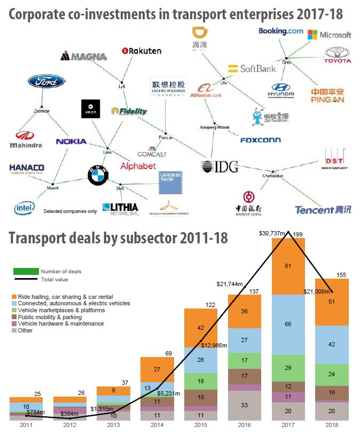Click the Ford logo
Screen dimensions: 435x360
click(47, 82)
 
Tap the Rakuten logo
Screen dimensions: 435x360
click(142, 51)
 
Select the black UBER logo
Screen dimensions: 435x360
click(90, 109)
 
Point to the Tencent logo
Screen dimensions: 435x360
click(323, 210)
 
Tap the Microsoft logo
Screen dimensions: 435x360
click(330, 35)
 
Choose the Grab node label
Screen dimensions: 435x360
click(287, 62)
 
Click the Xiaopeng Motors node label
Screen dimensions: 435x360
click(214, 128)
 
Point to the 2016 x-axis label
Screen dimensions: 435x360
click(245, 425)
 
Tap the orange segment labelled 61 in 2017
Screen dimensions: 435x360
click(288, 266)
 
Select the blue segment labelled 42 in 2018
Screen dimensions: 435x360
click(332, 344)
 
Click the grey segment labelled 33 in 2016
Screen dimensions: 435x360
click(245, 405)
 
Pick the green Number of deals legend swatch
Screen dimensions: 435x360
click(26, 271)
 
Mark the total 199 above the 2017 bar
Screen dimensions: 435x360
click(298, 234)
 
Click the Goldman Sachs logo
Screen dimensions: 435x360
click(171, 183)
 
